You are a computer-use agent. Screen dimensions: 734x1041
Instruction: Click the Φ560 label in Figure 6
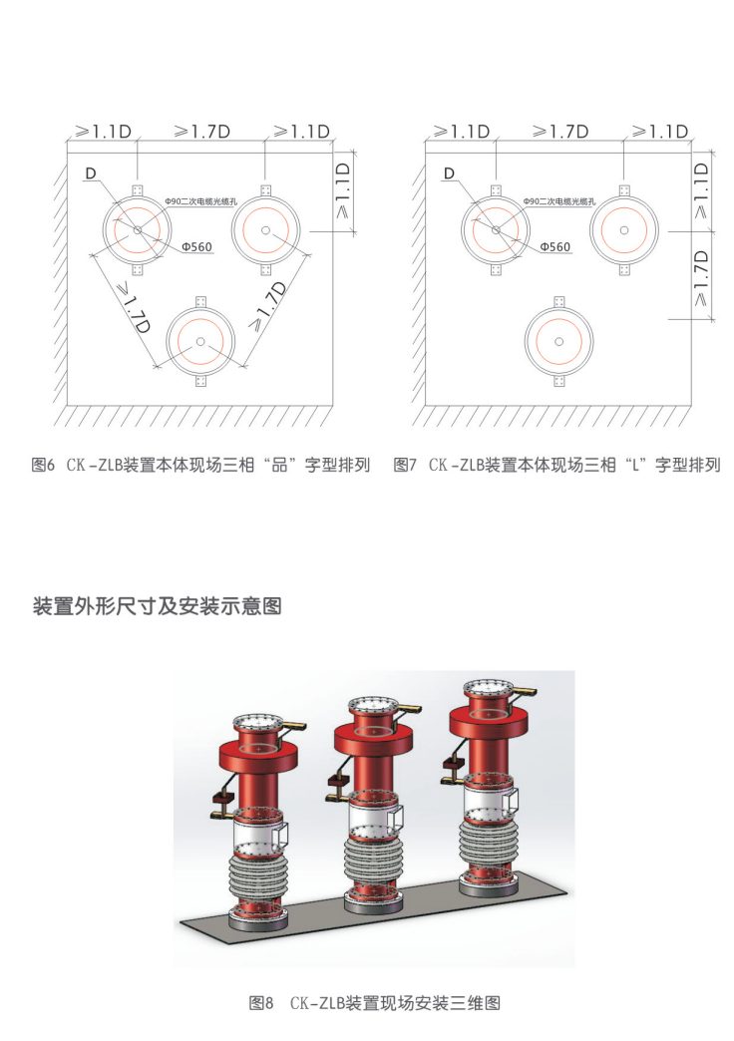[197, 247]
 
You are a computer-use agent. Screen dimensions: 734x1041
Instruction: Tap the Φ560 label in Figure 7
[555, 247]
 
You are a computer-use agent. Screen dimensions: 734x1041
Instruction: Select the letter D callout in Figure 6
[91, 173]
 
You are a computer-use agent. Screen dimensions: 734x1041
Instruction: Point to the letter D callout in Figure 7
[449, 173]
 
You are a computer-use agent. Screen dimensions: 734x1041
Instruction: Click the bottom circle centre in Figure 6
[199, 342]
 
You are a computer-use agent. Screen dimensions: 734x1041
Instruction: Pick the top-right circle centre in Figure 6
[265, 229]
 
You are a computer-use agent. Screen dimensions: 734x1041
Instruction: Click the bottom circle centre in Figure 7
[558, 342]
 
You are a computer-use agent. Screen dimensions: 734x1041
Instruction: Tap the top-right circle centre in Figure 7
[623, 229]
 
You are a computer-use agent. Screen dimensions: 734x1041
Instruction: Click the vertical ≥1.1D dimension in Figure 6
[343, 191]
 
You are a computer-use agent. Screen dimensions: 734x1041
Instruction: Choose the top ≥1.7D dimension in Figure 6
[201, 132]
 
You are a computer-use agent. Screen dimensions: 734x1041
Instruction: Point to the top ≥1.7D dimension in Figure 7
[560, 132]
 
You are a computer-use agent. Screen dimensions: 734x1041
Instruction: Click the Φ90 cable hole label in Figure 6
[201, 200]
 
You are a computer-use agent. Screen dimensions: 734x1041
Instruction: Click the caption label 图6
[43, 465]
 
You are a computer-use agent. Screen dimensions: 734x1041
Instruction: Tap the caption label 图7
[405, 465]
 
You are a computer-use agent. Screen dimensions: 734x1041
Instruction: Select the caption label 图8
[261, 1002]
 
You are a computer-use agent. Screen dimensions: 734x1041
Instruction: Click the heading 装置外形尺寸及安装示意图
[158, 605]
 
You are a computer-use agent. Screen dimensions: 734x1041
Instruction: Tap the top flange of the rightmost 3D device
[491, 687]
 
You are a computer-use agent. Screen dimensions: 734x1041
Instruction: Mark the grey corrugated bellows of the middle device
[374, 862]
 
